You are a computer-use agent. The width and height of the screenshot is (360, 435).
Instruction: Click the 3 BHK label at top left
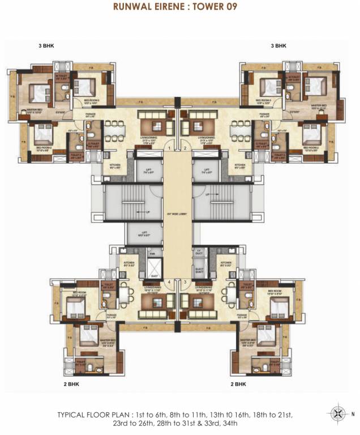(x=46, y=45)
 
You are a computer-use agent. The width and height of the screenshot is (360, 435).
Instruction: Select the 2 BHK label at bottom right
(x=240, y=383)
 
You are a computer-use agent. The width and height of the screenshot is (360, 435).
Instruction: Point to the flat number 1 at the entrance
(x=169, y=148)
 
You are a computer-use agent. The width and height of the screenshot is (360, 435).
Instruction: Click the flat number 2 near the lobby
(x=185, y=148)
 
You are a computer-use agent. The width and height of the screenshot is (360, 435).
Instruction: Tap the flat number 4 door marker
(x=169, y=282)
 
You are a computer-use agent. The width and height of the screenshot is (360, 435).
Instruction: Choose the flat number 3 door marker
(x=185, y=282)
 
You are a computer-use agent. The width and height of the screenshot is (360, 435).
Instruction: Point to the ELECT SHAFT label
(x=199, y=270)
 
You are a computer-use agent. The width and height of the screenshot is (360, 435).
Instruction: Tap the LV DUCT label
(x=199, y=251)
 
